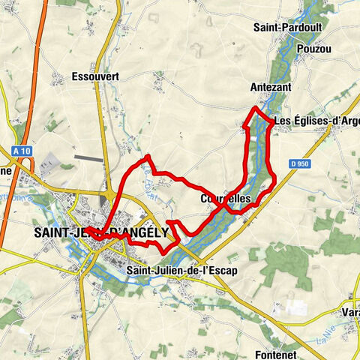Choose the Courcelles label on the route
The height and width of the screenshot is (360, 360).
[x=229, y=199]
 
